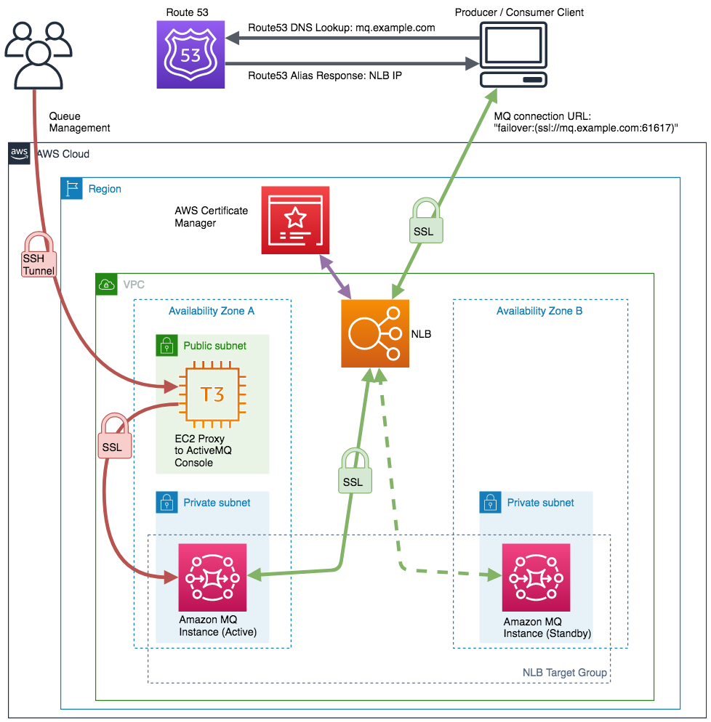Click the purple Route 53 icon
pos(190,54)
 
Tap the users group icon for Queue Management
pos(37,54)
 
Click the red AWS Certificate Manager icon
pos(295,220)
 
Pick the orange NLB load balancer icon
pos(375,333)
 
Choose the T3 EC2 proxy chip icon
pos(213,395)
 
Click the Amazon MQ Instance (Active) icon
pos(213,577)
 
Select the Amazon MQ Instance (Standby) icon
pos(536,577)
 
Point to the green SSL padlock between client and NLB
pos(425,221)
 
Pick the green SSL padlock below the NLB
pos(353,471)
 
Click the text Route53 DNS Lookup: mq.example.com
pos(342,28)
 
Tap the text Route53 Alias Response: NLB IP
pos(325,75)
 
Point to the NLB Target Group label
pos(564,673)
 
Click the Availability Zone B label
pos(539,311)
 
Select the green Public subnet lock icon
pos(167,346)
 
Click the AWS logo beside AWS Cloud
pos(19,153)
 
